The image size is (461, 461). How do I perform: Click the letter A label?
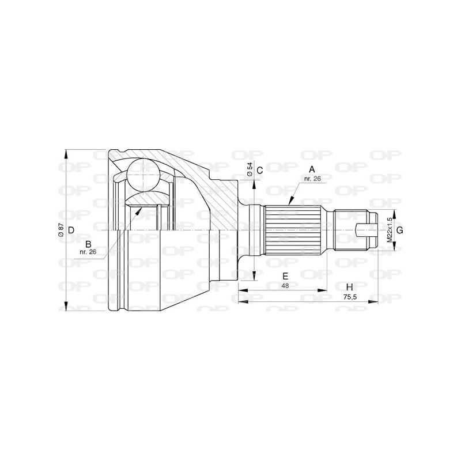coord(312,169)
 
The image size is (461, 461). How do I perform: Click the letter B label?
coord(88,243)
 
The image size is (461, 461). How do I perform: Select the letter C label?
coord(260,170)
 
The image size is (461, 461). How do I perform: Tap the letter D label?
coord(71,231)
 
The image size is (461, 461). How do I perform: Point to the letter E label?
coord(285,275)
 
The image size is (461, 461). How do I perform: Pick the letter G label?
coord(400,230)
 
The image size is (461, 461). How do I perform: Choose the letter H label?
coord(349,288)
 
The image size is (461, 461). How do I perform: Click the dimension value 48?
coord(285,285)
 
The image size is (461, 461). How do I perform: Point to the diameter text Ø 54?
coord(249,169)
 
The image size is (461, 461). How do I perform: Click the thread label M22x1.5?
coord(390,230)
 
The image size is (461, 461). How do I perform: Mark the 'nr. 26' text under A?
coord(312,179)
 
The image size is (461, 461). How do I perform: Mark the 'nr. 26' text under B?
coord(88,252)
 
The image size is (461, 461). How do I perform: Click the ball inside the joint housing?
coord(142,172)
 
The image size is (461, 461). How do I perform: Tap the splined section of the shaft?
coord(292,230)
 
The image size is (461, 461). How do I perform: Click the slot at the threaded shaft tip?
coord(365,230)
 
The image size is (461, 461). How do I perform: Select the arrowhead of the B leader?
coord(138,210)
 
